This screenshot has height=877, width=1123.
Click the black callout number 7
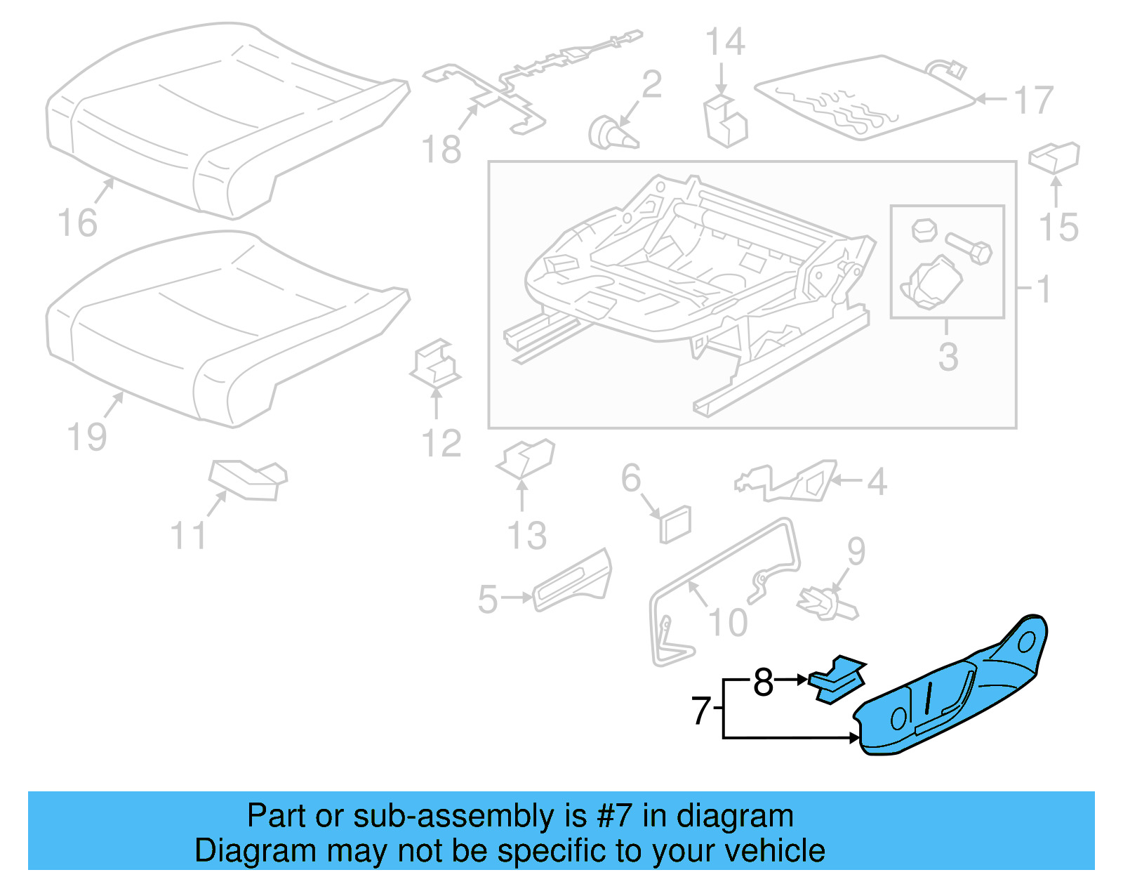point(701,710)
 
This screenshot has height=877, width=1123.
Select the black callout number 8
point(763,682)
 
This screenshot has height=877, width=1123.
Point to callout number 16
point(77,223)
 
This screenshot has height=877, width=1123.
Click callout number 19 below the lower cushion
point(87,437)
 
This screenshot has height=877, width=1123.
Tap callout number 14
point(724,42)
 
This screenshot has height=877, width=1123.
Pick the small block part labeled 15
point(1054,157)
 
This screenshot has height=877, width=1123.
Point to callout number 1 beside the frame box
point(1044,289)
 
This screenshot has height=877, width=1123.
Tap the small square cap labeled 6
point(675,523)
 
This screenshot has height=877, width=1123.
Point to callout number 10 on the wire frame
point(728,623)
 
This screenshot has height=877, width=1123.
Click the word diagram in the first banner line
point(735,817)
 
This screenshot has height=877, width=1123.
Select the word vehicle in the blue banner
point(774,851)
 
